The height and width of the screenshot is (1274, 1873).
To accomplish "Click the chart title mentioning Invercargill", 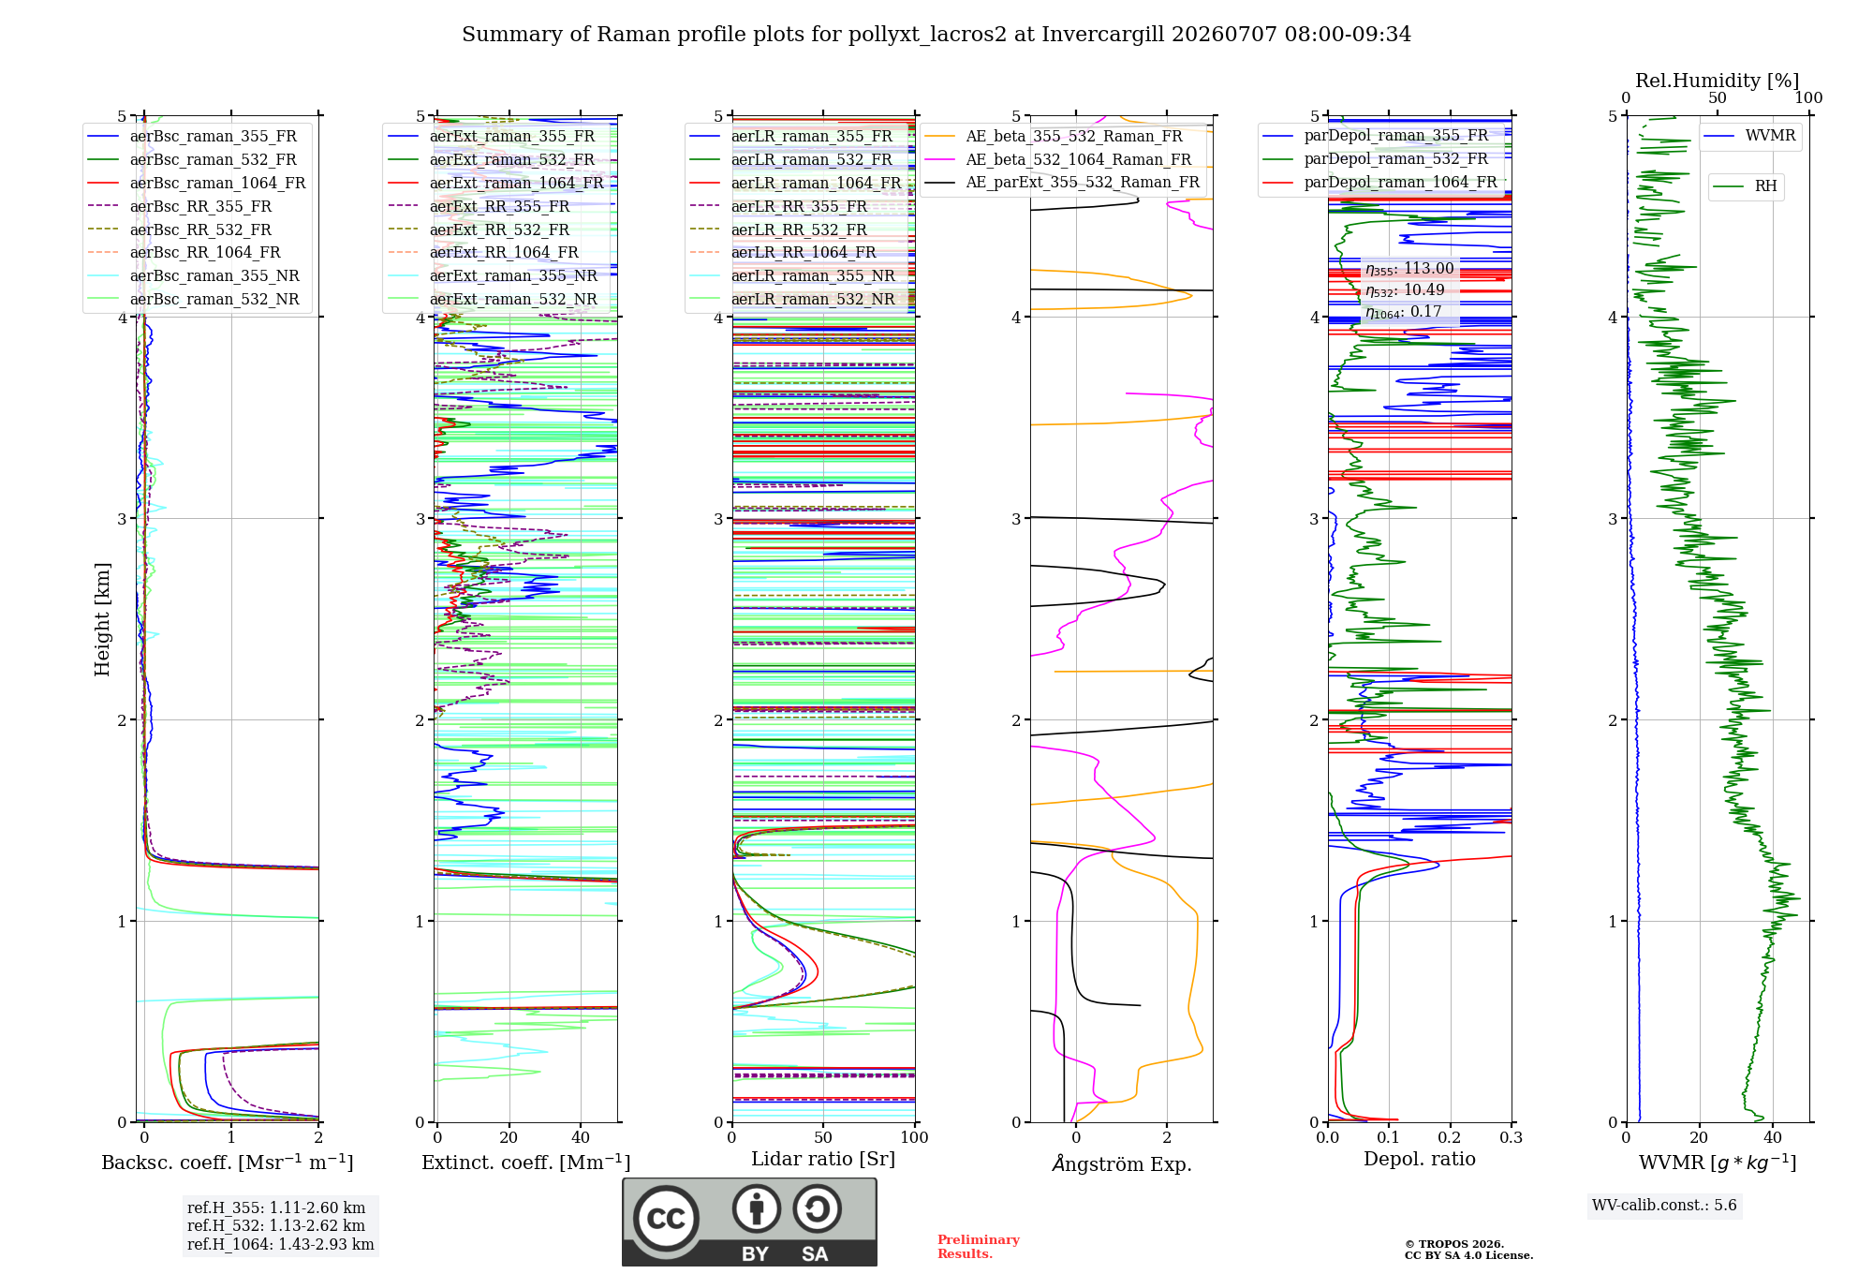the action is point(936,35).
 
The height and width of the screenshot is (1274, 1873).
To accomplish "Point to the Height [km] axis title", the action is point(102,619).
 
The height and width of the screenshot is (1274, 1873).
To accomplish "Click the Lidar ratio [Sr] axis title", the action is point(823,1160).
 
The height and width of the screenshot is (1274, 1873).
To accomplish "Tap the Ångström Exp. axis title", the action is point(1122,1164).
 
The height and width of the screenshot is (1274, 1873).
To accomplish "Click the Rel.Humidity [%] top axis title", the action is point(1718,81).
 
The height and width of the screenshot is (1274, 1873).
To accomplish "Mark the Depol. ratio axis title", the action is point(1420,1160).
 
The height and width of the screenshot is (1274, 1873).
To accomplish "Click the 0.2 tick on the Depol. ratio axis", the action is point(1450,1138).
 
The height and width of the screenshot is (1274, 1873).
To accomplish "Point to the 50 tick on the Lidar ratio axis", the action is point(823,1138).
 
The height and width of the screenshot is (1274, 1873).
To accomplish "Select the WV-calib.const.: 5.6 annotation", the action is point(1664,1206).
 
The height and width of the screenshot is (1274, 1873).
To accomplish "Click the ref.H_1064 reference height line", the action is point(281,1245).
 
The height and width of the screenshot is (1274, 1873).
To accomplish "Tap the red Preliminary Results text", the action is point(979,1247).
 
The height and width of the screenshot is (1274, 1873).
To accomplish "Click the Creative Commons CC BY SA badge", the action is point(749,1222).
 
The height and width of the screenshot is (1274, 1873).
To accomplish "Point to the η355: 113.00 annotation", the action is point(1409,269).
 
